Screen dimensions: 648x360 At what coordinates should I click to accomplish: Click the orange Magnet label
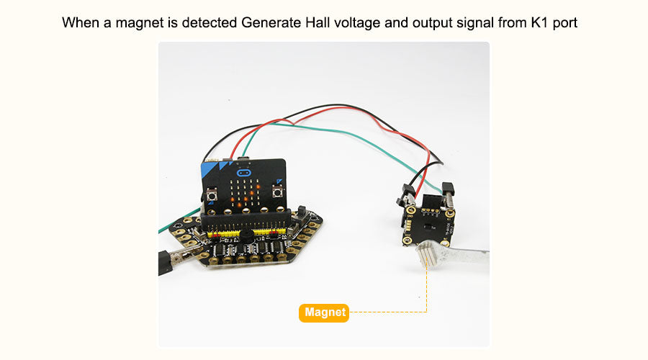323,313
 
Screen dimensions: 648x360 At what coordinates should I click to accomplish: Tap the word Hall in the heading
318,22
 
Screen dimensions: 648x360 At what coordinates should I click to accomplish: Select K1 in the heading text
539,22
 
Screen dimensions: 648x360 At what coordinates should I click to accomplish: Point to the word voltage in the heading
357,23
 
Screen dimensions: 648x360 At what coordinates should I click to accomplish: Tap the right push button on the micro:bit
277,192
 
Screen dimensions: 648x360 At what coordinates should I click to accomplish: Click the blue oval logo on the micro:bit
243,172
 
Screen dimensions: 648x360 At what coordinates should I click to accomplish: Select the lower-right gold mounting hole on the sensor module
446,243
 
